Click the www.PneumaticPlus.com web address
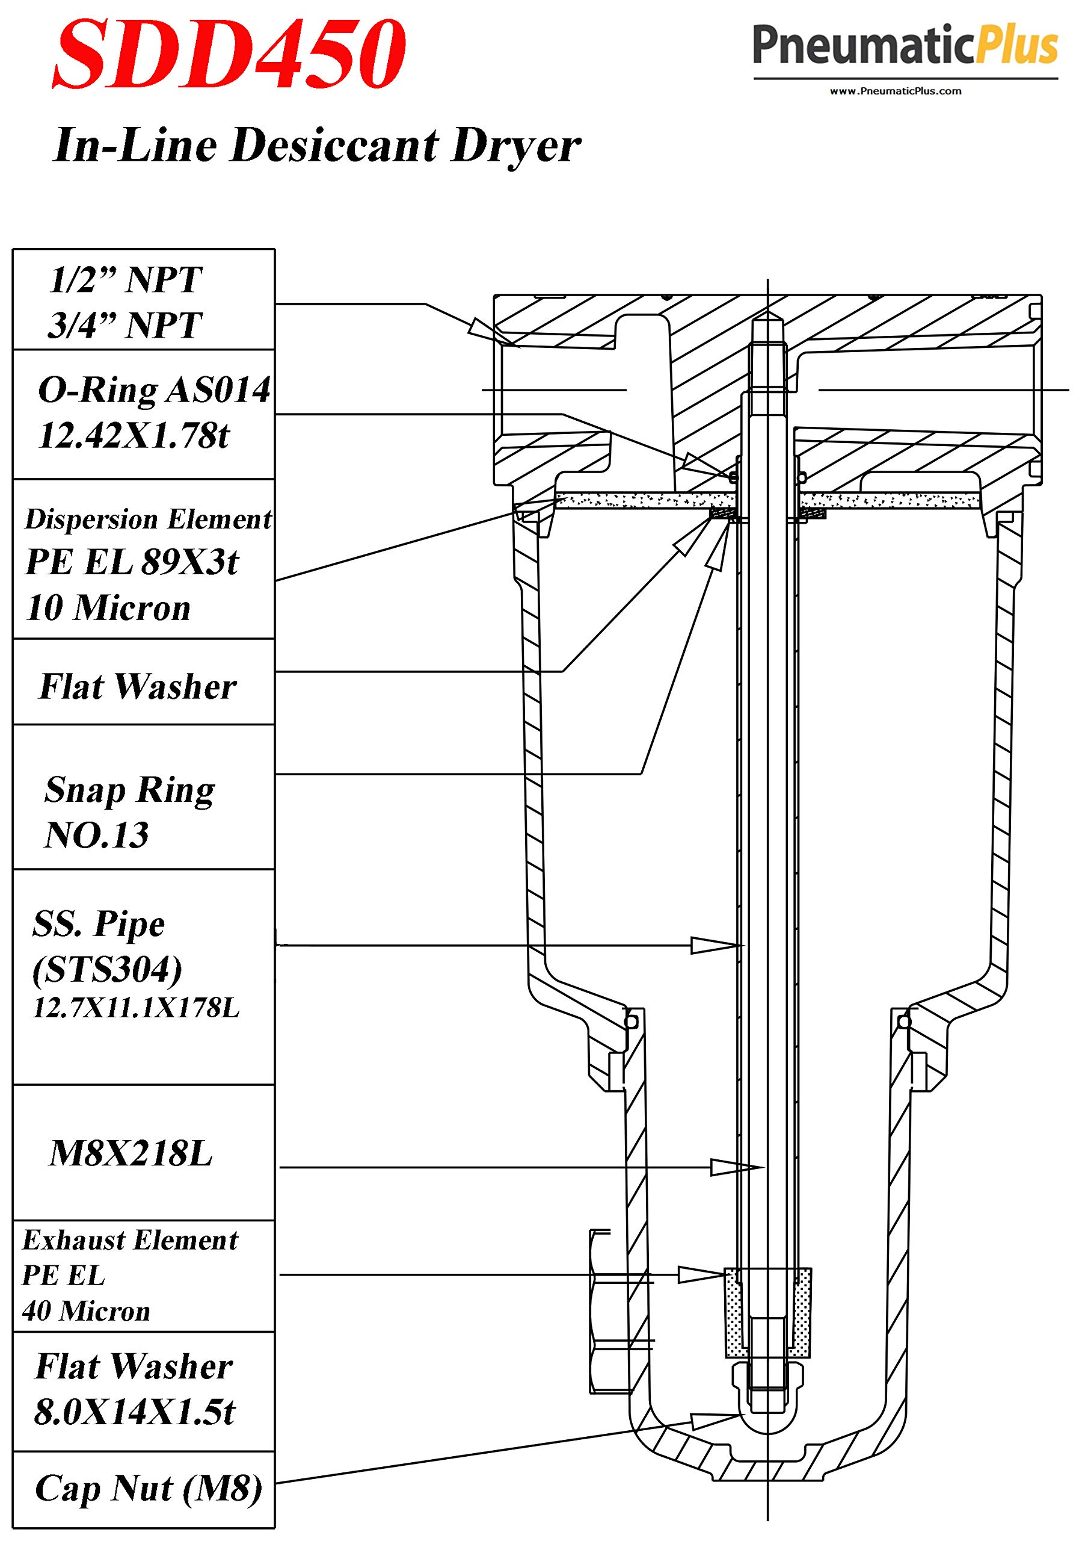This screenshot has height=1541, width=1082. [x=896, y=91]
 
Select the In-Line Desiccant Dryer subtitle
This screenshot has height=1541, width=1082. [x=316, y=146]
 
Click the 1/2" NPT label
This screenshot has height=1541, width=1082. [x=126, y=280]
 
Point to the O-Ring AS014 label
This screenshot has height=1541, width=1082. [x=155, y=390]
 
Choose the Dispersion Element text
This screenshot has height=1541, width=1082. [x=148, y=519]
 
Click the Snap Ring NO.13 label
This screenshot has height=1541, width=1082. [x=129, y=812]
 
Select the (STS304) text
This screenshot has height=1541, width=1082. [x=107, y=969]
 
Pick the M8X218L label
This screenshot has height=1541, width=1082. [x=131, y=1154]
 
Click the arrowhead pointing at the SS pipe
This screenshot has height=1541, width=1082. [x=715, y=945]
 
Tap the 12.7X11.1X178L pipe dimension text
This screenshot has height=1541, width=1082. [x=136, y=1009]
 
